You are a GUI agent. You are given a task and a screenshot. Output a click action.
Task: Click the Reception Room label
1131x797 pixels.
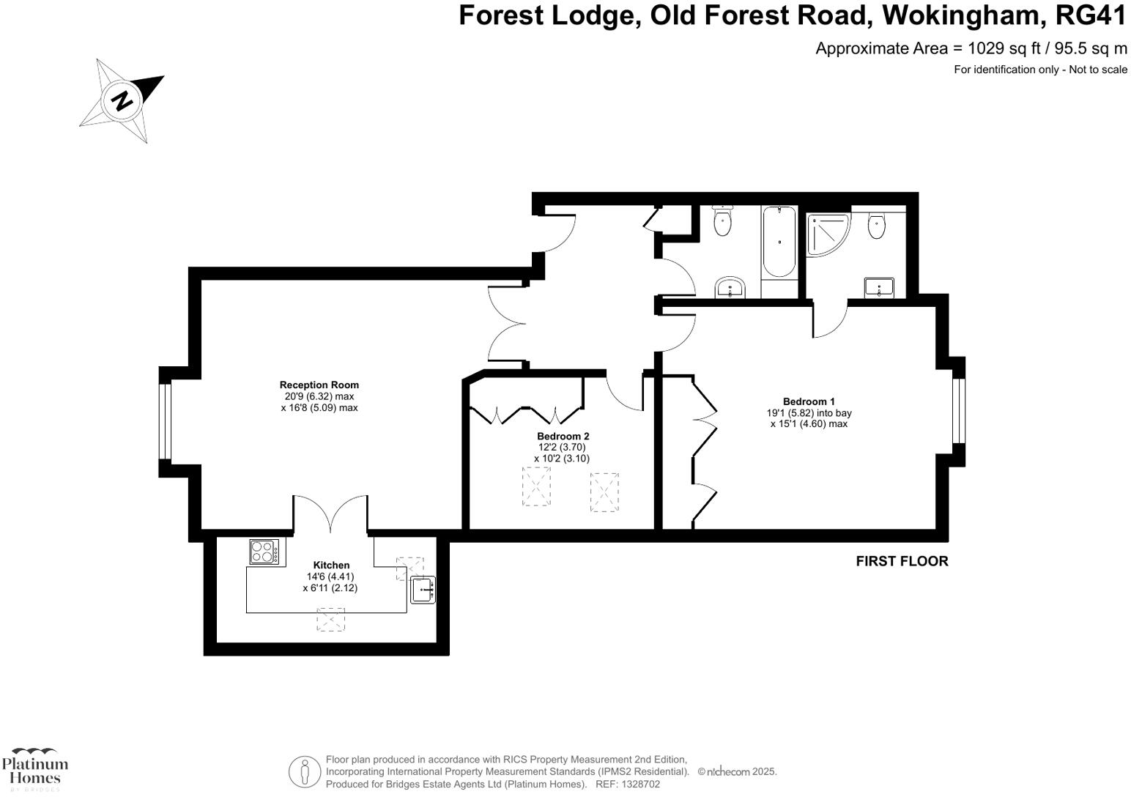click(x=319, y=385)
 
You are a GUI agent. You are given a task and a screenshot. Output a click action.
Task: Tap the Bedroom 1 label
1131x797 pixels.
click(x=809, y=401)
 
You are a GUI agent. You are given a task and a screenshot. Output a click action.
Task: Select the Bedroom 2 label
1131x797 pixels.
click(x=563, y=436)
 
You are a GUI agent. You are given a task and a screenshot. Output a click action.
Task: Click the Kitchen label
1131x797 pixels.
click(x=331, y=565)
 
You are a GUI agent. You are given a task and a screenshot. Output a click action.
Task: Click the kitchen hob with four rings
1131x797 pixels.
click(x=265, y=551)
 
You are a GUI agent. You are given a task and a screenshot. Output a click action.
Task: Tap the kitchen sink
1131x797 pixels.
click(x=423, y=590)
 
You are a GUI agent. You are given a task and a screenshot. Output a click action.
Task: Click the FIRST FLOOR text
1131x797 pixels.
click(x=902, y=561)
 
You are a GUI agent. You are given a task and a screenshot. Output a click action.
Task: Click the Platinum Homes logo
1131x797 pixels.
click(x=34, y=768)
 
